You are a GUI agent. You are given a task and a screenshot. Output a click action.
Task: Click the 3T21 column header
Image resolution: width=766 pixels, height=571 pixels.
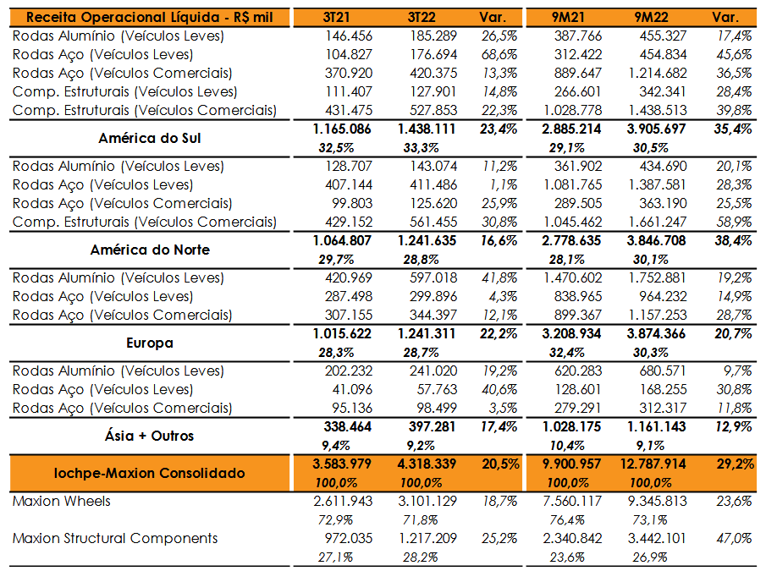[337, 18]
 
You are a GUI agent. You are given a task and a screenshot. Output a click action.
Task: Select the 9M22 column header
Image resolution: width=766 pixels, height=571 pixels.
[651, 18]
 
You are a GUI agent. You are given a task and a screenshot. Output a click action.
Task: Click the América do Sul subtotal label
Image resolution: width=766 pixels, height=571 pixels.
[150, 138]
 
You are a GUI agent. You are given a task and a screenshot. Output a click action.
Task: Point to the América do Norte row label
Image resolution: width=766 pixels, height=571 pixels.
[150, 250]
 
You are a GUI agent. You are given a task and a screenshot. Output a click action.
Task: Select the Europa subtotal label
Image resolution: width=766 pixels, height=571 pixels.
[150, 343]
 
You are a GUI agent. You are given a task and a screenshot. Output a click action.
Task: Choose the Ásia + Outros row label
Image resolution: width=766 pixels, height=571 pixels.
[150, 436]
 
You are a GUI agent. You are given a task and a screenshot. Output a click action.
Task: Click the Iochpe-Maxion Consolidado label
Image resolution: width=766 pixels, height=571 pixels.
[150, 473]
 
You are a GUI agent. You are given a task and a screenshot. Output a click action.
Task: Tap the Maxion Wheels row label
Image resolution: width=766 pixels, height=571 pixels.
[62, 501]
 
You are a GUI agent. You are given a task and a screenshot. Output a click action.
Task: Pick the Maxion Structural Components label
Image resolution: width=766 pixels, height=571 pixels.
[115, 538]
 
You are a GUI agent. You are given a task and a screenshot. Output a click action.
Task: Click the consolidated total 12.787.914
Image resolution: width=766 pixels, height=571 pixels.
[653, 464]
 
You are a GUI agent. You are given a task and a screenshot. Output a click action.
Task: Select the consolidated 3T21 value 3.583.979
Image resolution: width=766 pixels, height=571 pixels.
[343, 464]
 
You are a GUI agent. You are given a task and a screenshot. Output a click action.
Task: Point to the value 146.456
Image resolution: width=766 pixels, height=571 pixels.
[349, 36]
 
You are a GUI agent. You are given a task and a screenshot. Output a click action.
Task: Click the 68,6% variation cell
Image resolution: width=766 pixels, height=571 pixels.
[499, 55]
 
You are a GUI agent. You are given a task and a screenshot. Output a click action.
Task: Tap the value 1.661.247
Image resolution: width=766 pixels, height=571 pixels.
[658, 222]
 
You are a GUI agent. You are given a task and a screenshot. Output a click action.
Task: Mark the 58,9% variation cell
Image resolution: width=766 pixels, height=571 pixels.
[734, 222]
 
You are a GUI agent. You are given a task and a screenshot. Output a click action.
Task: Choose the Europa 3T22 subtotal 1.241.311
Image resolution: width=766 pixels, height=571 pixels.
[427, 334]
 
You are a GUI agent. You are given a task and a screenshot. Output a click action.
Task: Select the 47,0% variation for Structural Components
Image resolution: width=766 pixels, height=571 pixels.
[734, 538]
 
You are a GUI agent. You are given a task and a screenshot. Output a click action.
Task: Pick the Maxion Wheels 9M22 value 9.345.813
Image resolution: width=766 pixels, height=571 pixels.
[658, 501]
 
